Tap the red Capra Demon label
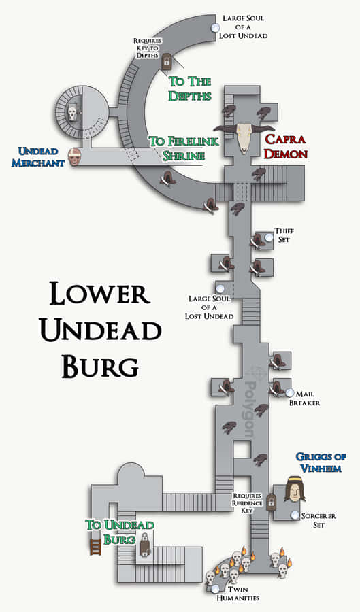coord(287,146)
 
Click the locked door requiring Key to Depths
coord(167,62)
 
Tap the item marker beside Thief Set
coord(269,237)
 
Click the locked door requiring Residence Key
coord(271,502)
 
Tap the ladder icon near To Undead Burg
coord(96,545)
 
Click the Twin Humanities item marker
coord(215,588)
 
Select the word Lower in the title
coord(99,293)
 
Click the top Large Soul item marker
coord(215,27)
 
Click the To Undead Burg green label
coord(120,531)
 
